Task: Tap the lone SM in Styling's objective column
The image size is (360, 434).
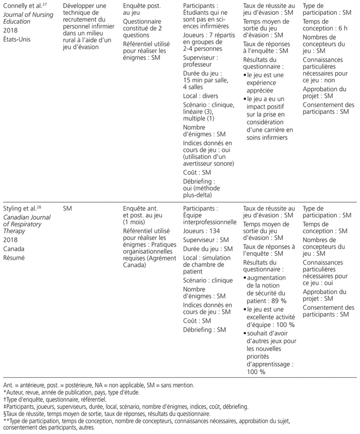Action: click(66, 208)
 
